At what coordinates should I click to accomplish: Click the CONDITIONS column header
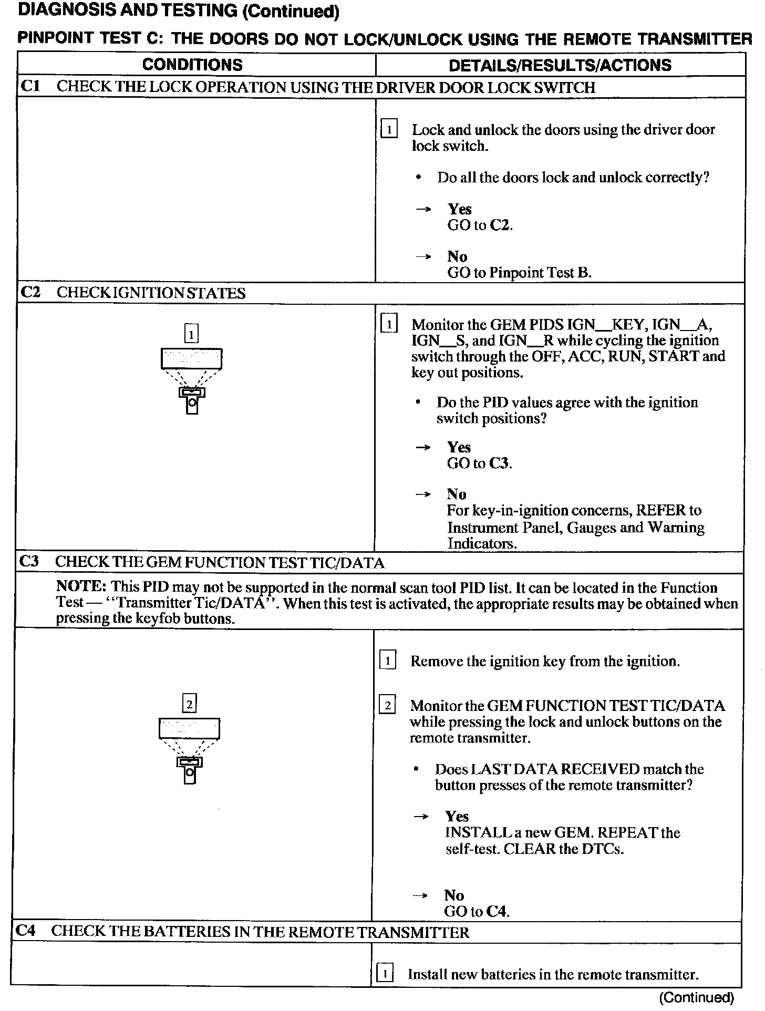coord(192,65)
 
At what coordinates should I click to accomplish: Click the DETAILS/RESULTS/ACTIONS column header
coord(560,65)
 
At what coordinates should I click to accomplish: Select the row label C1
coord(30,86)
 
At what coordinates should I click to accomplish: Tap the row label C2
coord(30,292)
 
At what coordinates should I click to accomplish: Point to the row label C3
coord(29,562)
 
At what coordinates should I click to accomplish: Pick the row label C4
coord(26,931)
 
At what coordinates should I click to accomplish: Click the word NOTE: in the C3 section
coord(81,587)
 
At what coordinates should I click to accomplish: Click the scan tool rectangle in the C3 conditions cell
coord(189,729)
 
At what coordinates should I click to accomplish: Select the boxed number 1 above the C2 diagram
coord(191,334)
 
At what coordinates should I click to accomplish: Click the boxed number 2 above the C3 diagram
coord(189,703)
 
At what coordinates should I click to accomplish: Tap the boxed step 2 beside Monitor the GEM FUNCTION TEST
coord(387,706)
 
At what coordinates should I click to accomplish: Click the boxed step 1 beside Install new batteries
coord(385,975)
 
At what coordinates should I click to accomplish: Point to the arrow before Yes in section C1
coord(423,210)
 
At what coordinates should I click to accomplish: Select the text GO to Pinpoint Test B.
coord(519,273)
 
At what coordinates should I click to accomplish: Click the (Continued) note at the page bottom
coord(696,997)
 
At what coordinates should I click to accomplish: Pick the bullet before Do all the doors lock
coord(418,178)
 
